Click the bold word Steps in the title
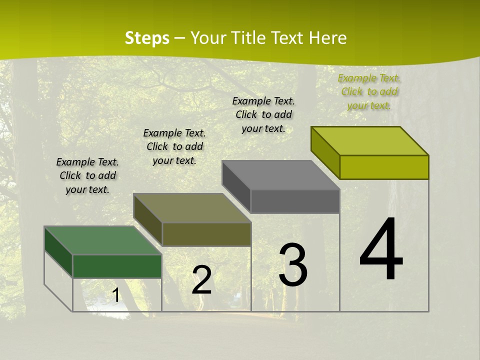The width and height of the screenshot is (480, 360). click(147, 38)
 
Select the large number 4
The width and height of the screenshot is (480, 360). click(381, 249)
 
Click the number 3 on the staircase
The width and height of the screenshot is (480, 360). click(293, 265)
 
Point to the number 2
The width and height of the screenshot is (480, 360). click(201, 280)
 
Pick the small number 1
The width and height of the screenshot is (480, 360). click(115, 295)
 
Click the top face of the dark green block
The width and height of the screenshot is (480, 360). click(102, 240)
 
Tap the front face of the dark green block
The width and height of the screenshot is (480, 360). click(117, 266)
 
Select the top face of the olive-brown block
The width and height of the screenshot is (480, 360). click(192, 208)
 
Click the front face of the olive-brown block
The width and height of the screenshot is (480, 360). click(206, 234)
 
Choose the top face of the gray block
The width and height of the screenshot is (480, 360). click(281, 175)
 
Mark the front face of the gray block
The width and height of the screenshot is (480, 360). click(295, 201)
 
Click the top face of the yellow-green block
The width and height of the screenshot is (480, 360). click(370, 141)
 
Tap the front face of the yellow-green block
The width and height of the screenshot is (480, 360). click(384, 167)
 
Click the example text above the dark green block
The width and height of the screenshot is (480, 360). click(87, 175)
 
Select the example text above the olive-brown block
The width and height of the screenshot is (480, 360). click(174, 146)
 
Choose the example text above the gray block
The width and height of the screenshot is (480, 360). click(263, 114)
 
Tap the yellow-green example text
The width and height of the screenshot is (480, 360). click(369, 91)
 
